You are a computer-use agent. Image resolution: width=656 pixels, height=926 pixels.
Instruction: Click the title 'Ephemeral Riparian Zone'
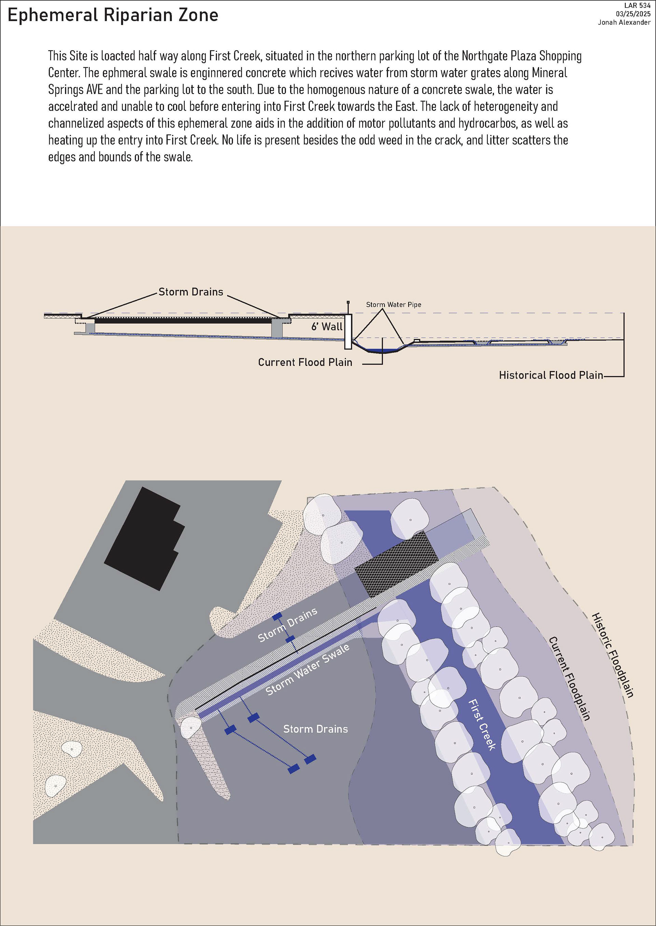pyautogui.click(x=113, y=15)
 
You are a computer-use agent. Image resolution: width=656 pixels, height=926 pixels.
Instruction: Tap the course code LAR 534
pyautogui.click(x=637, y=6)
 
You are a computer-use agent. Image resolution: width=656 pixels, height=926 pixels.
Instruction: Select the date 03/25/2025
pyautogui.click(x=633, y=14)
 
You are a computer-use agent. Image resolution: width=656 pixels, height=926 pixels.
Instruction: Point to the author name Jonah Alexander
pyautogui.click(x=624, y=22)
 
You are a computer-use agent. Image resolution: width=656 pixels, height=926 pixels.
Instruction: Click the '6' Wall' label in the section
pyautogui.click(x=326, y=327)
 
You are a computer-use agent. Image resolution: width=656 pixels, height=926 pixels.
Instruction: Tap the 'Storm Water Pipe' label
pyautogui.click(x=394, y=305)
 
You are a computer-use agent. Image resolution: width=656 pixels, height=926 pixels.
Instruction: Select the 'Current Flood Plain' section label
pyautogui.click(x=305, y=362)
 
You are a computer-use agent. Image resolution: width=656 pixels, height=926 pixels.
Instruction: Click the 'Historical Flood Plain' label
pyautogui.click(x=550, y=375)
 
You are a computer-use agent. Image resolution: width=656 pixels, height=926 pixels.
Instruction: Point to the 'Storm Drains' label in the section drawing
pyautogui.click(x=191, y=292)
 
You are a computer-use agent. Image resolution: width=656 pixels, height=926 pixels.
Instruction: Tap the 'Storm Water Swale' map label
pyautogui.click(x=307, y=670)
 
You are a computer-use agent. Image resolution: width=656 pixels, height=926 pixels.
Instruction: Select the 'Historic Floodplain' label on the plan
pyautogui.click(x=612, y=655)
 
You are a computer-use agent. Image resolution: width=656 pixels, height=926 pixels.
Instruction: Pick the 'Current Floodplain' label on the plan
pyautogui.click(x=569, y=679)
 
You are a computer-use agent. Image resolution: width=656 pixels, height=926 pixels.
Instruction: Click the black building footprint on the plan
pyautogui.click(x=143, y=538)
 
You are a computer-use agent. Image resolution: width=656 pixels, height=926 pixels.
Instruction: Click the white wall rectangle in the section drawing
pyautogui.click(x=348, y=331)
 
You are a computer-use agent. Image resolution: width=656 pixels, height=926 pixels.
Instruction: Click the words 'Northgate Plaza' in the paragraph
pyautogui.click(x=499, y=56)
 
